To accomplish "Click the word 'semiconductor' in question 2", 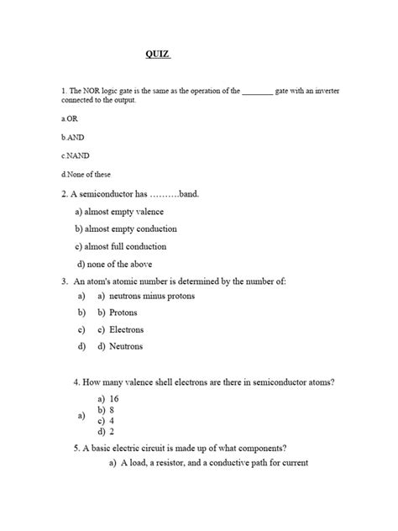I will pyautogui.click(x=119, y=193).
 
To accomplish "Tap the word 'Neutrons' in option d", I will pyautogui.click(x=126, y=346).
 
